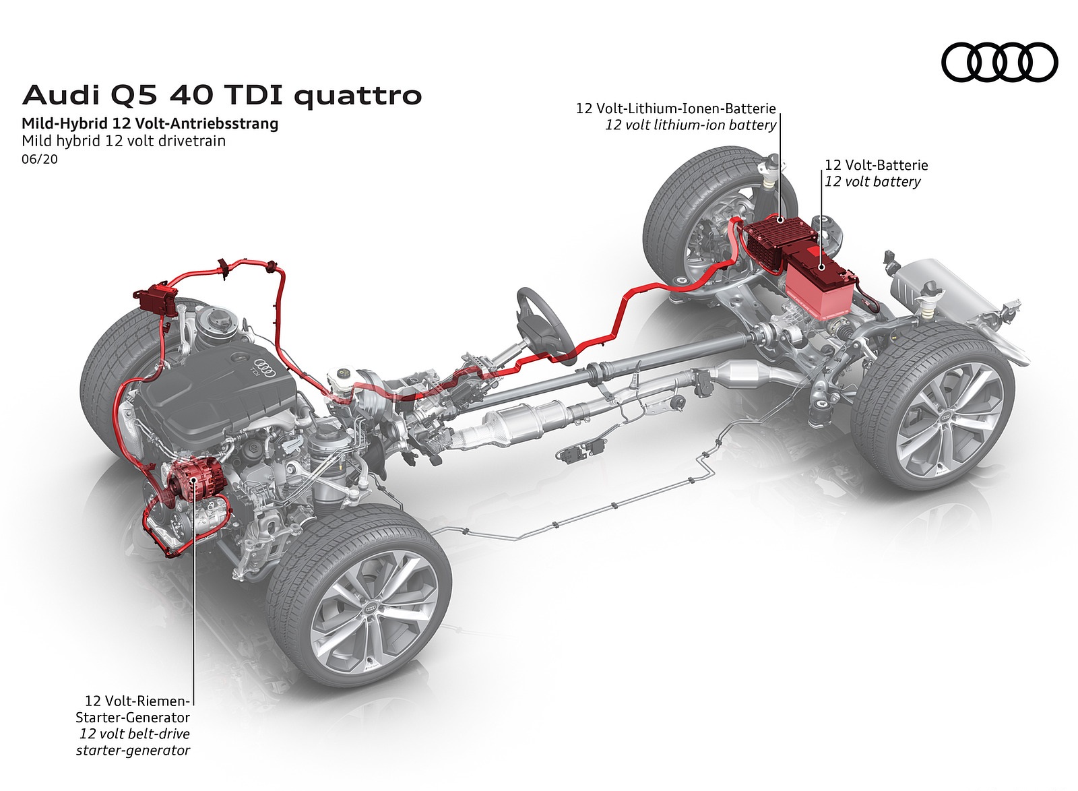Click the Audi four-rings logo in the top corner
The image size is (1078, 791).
coord(998,62)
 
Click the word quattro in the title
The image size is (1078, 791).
coord(359,96)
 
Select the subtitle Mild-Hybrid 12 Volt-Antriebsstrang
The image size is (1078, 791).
coord(150,124)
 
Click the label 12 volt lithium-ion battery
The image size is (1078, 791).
coord(691,125)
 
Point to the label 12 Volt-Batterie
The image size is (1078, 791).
coord(876,165)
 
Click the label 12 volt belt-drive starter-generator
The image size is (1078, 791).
coord(133,742)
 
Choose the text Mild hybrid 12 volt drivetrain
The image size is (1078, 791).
coord(123,141)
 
